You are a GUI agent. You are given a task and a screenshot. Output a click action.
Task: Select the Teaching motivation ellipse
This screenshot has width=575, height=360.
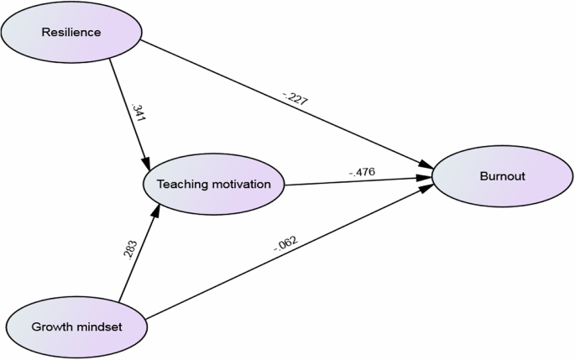point(214,185)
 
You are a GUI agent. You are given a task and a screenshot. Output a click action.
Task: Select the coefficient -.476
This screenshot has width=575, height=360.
point(362,172)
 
